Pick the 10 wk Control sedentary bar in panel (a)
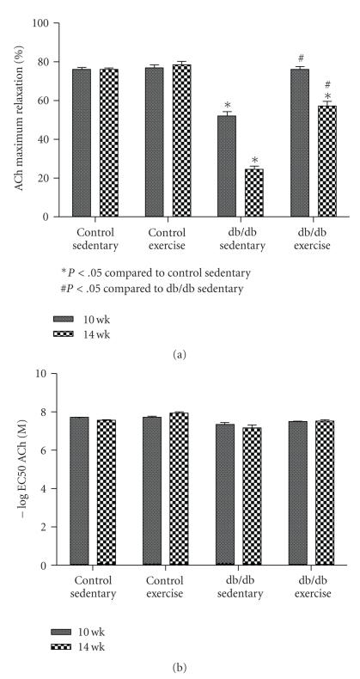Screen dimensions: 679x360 [82, 143]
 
